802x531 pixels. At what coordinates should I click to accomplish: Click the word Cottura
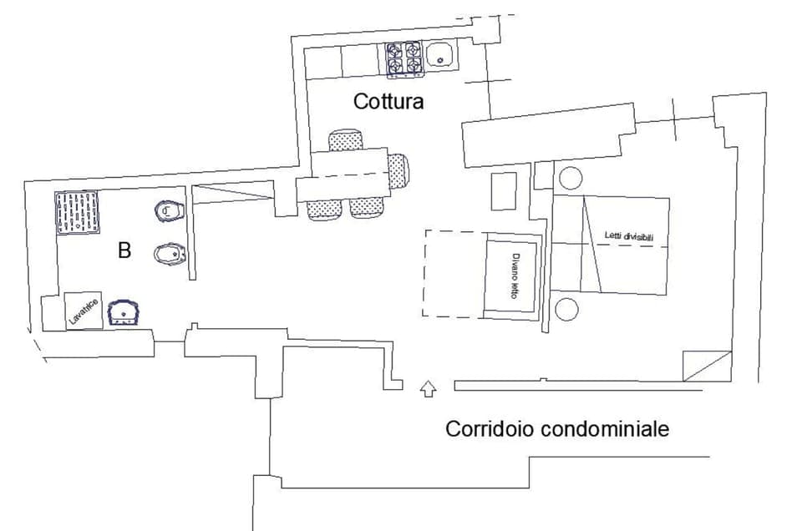388,102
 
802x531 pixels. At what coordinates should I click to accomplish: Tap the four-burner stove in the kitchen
403,59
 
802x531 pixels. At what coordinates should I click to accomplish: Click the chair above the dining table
346,139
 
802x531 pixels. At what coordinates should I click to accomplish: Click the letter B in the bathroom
124,250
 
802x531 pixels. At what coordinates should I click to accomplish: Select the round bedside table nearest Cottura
571,178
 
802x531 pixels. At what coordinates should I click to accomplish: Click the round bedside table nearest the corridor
566,309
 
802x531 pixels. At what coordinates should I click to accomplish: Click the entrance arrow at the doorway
428,388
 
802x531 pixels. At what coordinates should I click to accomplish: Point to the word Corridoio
490,429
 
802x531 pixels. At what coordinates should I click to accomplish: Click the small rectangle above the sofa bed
503,191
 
